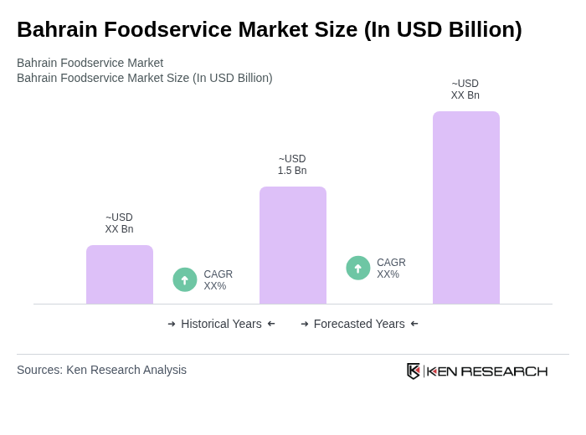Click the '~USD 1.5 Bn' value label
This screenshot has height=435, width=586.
click(292, 165)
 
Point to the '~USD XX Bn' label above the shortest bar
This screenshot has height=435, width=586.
click(119, 223)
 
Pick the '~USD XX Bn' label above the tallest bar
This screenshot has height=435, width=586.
click(465, 90)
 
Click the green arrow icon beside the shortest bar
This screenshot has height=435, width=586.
click(185, 279)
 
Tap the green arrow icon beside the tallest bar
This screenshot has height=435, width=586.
click(358, 268)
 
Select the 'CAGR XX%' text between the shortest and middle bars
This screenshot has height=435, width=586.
click(218, 280)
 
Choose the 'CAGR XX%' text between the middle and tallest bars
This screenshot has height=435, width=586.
click(391, 269)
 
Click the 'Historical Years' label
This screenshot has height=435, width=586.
click(221, 324)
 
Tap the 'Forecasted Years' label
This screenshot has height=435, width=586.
click(359, 324)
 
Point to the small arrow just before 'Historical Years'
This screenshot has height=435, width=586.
click(172, 324)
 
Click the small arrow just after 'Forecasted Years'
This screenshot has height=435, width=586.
click(414, 324)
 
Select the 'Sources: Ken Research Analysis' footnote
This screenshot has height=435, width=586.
click(101, 370)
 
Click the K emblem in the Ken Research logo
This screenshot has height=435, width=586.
click(414, 371)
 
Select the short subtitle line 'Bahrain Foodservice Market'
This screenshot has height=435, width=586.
click(90, 63)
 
